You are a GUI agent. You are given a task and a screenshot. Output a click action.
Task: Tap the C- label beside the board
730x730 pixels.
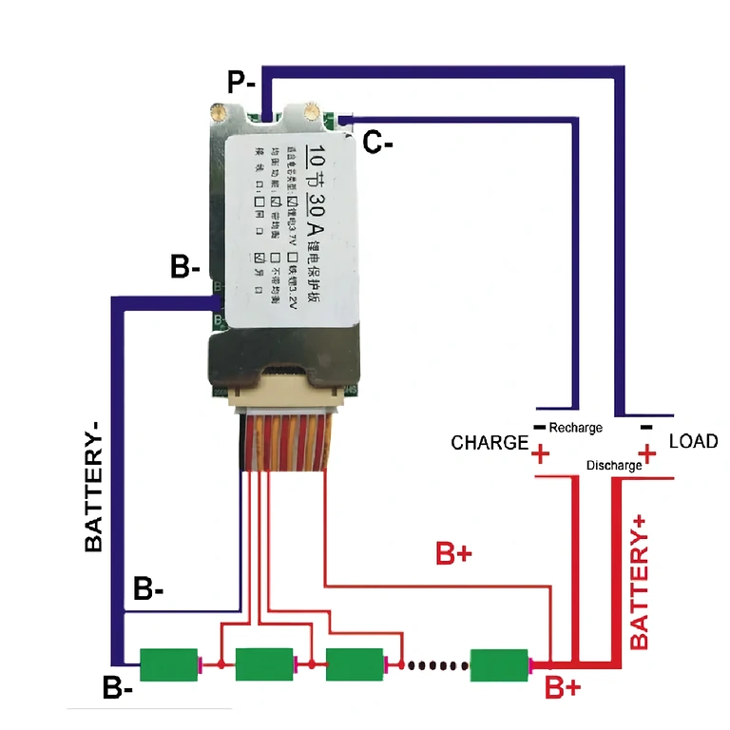379,144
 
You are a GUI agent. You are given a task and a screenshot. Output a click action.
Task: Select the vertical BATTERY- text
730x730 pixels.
94,487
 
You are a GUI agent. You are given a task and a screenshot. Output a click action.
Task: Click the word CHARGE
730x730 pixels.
490,443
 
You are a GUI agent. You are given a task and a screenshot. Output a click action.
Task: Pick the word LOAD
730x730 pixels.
693,441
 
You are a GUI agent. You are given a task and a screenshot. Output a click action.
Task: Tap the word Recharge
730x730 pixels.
575,428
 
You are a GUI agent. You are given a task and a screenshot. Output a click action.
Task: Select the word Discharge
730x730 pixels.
614,466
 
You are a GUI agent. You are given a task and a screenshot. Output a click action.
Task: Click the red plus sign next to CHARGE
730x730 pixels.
541,454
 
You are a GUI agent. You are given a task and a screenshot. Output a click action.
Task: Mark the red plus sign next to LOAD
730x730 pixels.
648,454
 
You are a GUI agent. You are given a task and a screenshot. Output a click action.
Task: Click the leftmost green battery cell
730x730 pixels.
168,663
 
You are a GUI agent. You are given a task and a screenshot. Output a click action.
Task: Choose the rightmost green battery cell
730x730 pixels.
499,663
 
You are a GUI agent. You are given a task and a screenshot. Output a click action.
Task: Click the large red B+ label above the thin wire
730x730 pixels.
453,555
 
